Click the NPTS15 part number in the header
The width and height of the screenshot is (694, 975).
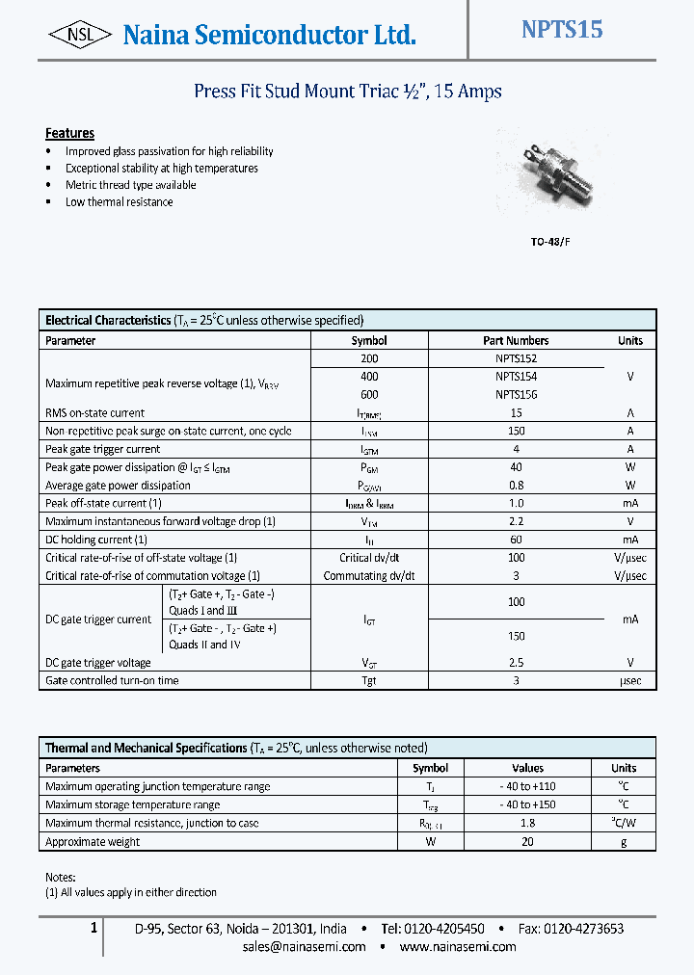tap(562, 30)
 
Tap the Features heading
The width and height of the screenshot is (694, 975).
tap(69, 133)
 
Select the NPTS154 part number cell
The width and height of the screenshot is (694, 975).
tap(516, 377)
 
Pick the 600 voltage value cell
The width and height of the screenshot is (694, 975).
tap(369, 395)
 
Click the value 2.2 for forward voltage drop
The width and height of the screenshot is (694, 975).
tap(516, 521)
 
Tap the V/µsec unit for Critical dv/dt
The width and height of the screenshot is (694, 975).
tap(629, 558)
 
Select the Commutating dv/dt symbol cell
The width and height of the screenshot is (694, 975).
tap(369, 576)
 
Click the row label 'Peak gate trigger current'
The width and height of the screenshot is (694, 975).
tap(103, 449)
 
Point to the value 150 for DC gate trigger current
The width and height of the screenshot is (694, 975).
tap(516, 637)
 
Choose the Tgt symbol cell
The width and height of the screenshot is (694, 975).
tap(369, 681)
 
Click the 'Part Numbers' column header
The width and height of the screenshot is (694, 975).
tap(516, 341)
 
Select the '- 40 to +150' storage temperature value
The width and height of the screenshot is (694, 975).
tap(527, 805)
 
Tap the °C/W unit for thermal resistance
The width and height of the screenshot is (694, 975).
tap(624, 824)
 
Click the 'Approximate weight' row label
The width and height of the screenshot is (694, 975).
tap(93, 842)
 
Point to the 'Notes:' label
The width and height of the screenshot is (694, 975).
tap(60, 877)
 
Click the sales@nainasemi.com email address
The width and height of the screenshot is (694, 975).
tap(305, 947)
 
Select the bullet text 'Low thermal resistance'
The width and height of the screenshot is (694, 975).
tap(120, 202)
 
